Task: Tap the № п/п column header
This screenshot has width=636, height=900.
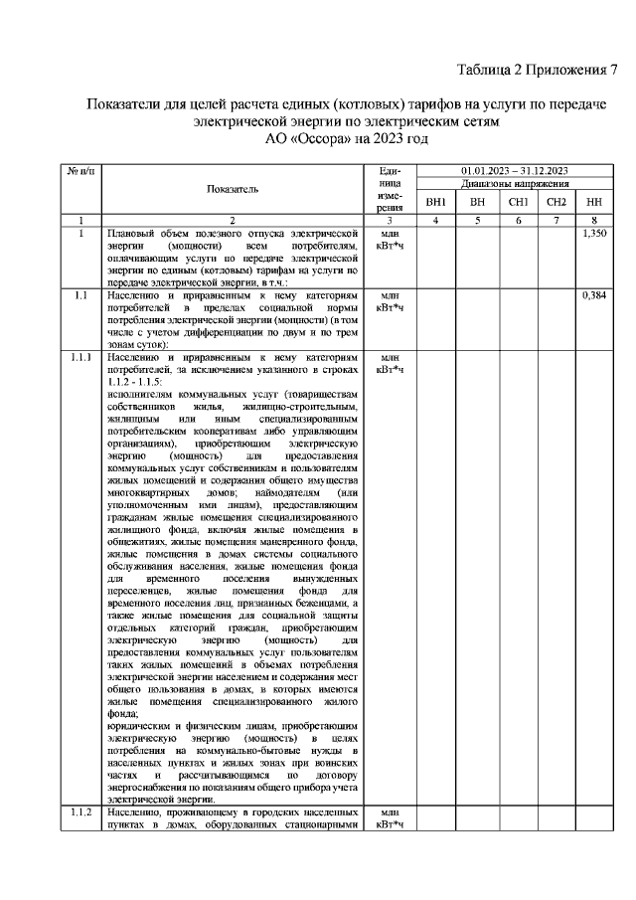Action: [x=79, y=172]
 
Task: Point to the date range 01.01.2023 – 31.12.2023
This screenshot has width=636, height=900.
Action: [x=514, y=172]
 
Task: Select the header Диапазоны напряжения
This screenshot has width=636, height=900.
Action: [x=514, y=185]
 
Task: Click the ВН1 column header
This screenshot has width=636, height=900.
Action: [x=435, y=202]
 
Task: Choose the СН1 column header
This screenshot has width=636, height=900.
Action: [x=517, y=202]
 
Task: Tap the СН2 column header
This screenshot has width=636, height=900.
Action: [x=556, y=202]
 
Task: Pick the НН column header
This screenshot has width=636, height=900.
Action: [x=594, y=202]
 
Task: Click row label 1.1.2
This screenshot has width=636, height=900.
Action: [x=80, y=812]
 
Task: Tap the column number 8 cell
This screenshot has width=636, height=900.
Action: [x=594, y=220]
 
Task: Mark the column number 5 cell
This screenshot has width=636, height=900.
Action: [x=477, y=220]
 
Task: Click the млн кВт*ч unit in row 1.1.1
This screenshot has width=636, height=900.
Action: [x=390, y=363]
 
